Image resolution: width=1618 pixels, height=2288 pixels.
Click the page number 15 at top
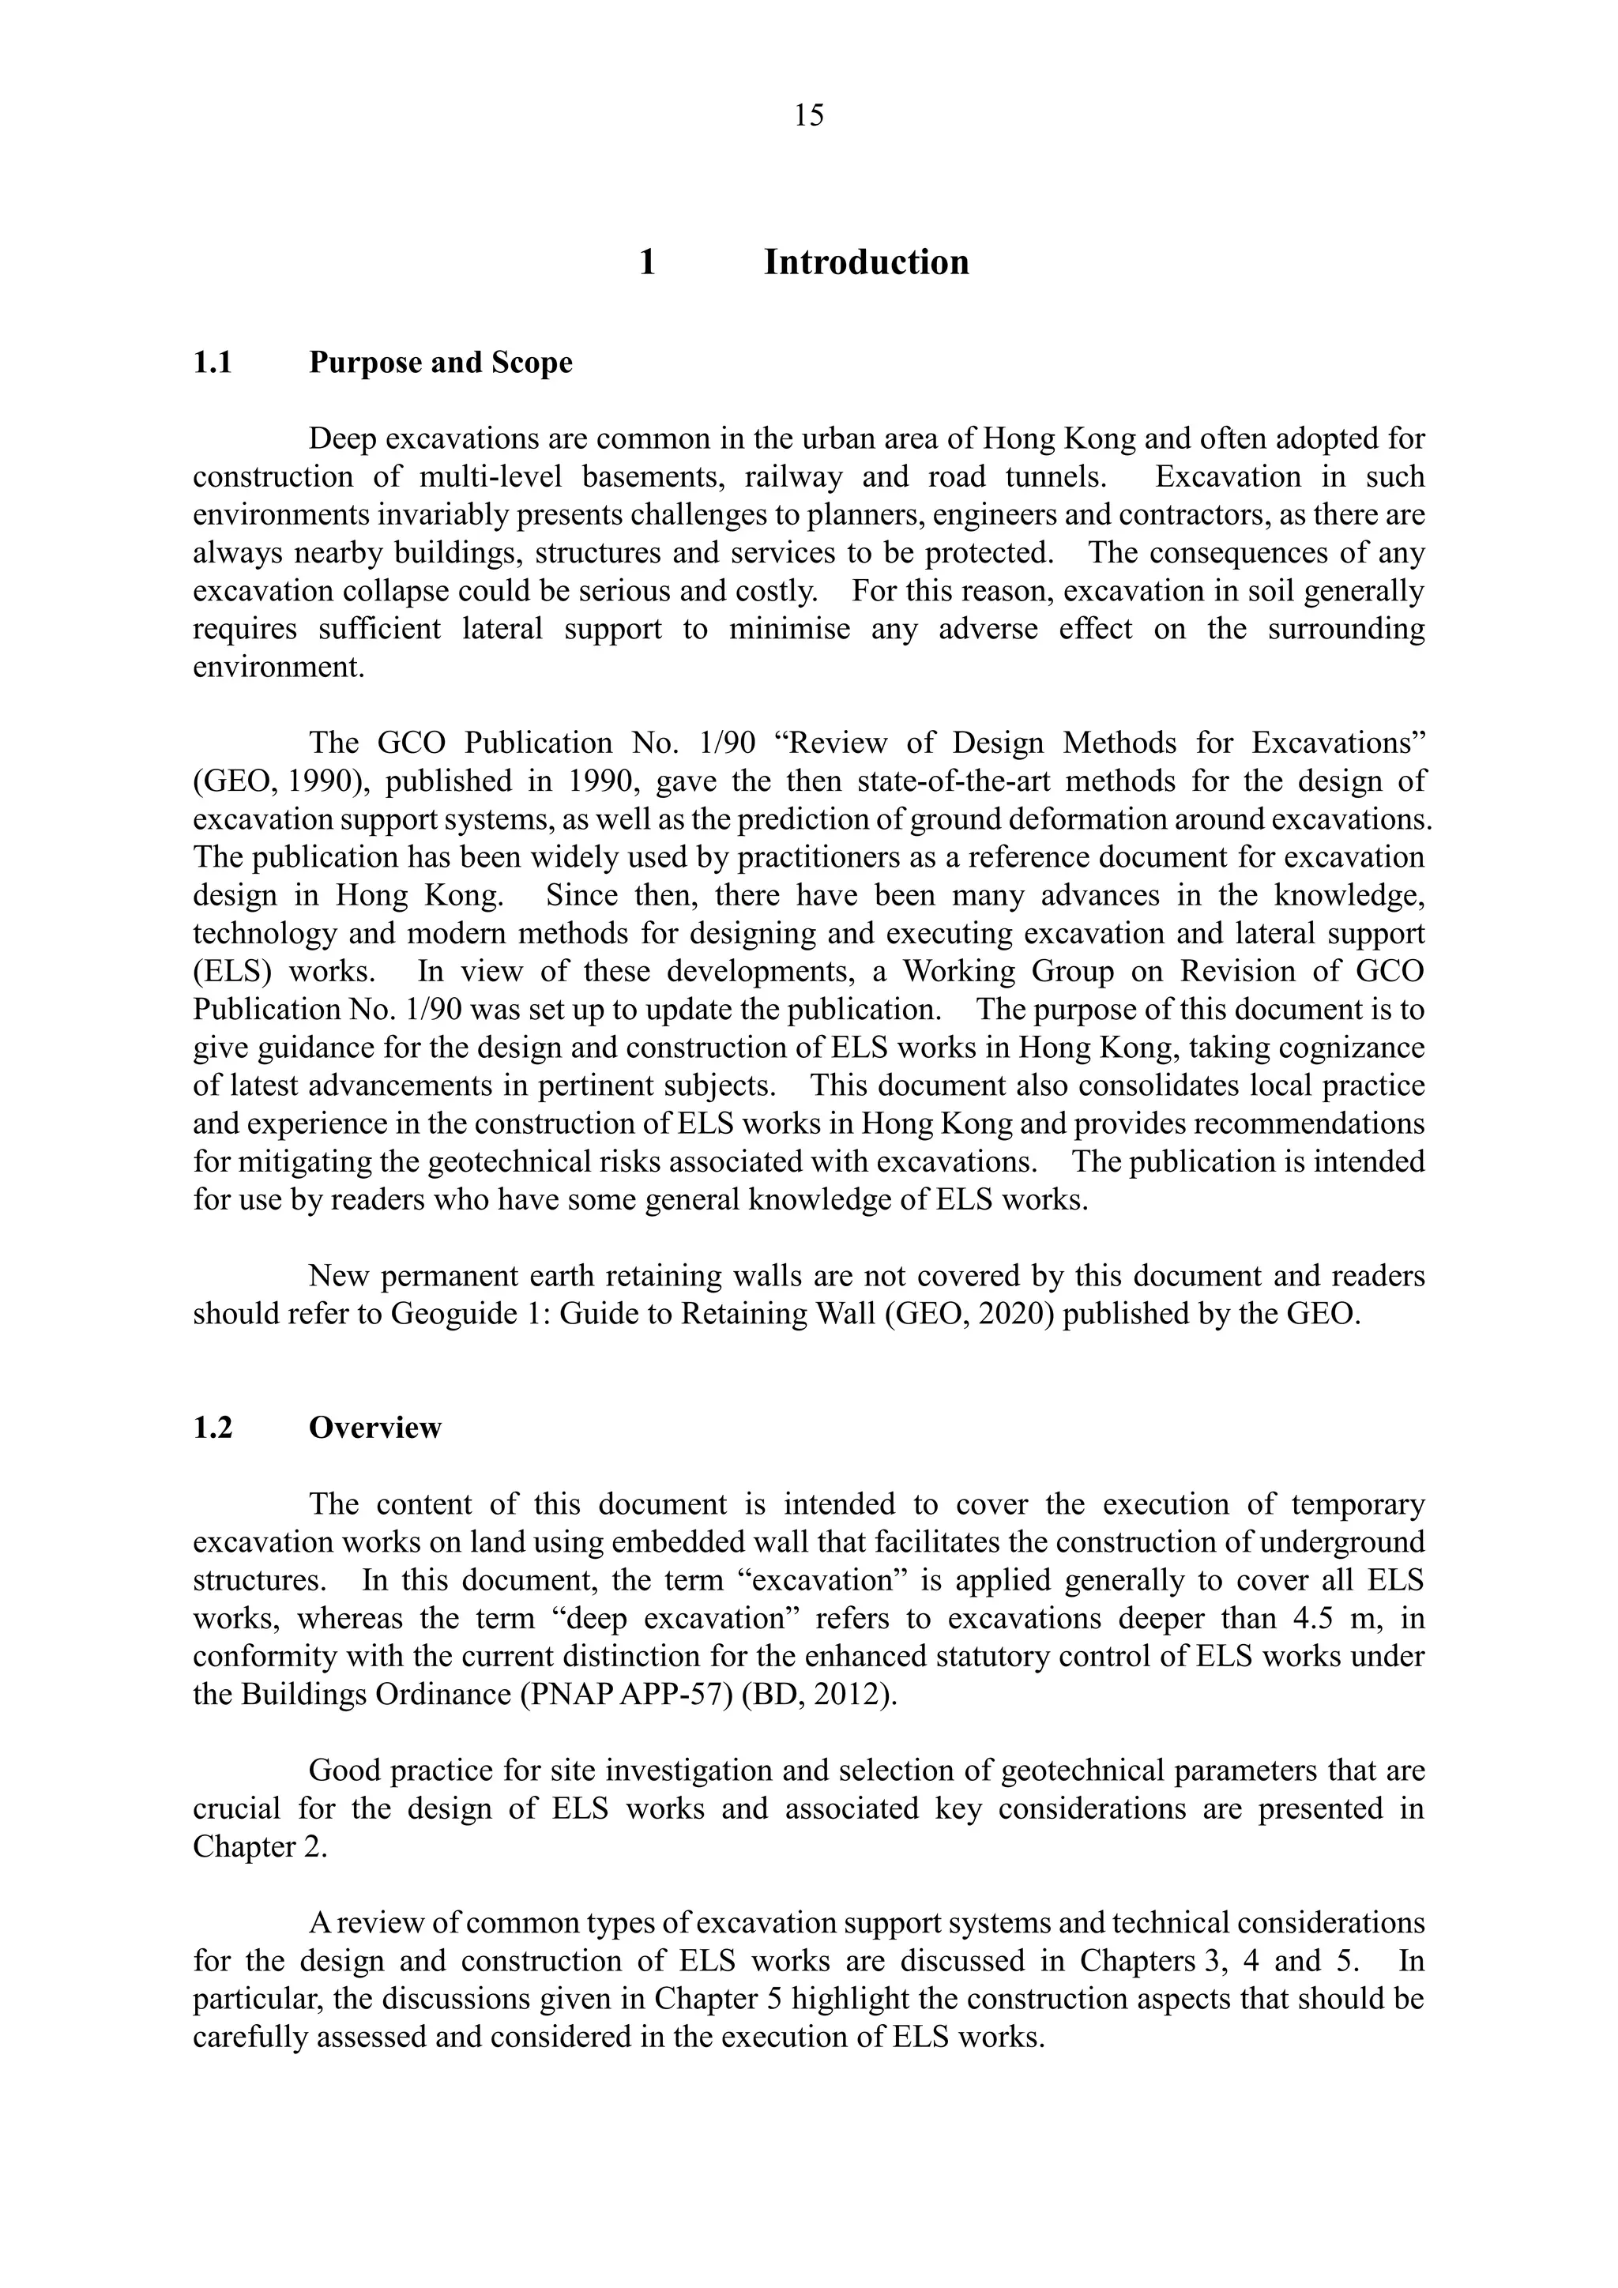click(809, 117)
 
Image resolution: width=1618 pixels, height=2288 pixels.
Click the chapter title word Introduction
click(866, 262)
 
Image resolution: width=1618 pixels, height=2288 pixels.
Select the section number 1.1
click(213, 363)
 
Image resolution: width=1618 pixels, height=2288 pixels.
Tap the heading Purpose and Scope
click(440, 363)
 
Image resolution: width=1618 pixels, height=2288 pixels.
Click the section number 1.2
click(213, 1428)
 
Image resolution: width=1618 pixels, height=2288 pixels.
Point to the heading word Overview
click(374, 1428)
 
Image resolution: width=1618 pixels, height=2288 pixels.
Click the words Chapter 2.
click(259, 1847)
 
